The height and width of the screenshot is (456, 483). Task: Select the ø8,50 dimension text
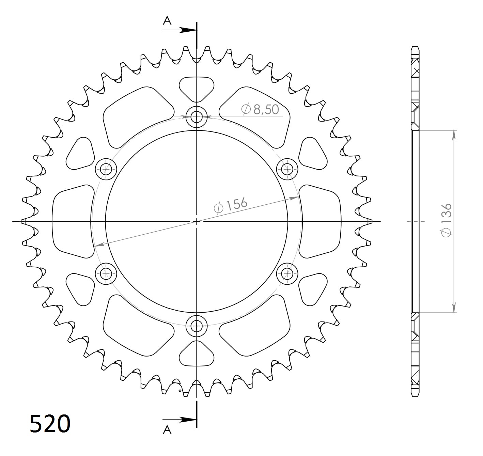pyautogui.click(x=260, y=109)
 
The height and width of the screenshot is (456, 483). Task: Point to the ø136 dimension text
pyautogui.click(x=446, y=220)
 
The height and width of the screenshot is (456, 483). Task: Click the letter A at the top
pyautogui.click(x=167, y=21)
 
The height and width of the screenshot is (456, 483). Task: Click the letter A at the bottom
pyautogui.click(x=167, y=430)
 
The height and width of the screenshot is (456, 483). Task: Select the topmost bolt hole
pyautogui.click(x=196, y=117)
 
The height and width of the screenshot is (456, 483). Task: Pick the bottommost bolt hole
pyautogui.click(x=196, y=326)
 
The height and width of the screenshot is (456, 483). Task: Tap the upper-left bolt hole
pyautogui.click(x=106, y=169)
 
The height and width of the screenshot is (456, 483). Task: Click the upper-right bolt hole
pyautogui.click(x=287, y=169)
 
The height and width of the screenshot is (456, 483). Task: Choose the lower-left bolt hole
pyautogui.click(x=106, y=273)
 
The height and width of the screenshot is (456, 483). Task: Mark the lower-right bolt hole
pyautogui.click(x=287, y=273)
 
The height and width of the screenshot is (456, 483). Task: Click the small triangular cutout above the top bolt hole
pyautogui.click(x=197, y=88)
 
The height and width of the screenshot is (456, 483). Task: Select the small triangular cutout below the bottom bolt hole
pyautogui.click(x=197, y=355)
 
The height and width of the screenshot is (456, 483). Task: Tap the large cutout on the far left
pyautogui.click(x=72, y=221)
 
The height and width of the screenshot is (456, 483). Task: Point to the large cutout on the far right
pyautogui.click(x=320, y=221)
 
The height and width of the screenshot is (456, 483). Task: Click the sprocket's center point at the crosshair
pyautogui.click(x=197, y=222)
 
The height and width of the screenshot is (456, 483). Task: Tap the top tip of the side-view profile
pyautogui.click(x=415, y=47)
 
